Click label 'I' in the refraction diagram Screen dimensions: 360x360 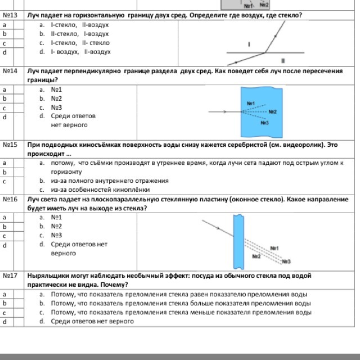[249, 43]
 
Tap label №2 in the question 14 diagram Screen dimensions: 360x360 [272, 112]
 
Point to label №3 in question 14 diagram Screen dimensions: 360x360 [264, 123]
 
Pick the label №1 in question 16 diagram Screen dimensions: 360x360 [274, 248]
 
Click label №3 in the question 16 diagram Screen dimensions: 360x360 [286, 262]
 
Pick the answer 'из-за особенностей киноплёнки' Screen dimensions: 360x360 [100, 190]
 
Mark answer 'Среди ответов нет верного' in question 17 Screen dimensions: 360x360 [92, 321]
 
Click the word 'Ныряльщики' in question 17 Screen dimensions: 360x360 [48, 276]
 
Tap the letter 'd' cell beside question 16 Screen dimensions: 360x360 [4, 245]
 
